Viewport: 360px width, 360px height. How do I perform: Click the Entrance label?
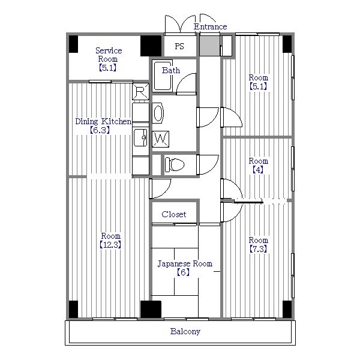coord(210,26)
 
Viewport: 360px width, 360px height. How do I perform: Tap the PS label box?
coord(179,46)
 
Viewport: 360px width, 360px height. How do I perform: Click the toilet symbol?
coord(175,164)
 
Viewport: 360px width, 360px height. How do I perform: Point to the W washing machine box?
coord(160,139)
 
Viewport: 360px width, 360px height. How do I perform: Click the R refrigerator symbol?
coord(140,91)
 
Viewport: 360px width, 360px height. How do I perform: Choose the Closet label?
coord(173,214)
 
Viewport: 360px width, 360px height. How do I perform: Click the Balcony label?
coord(185,331)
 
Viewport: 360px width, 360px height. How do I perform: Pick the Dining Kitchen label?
coord(103,122)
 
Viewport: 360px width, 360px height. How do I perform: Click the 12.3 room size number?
coord(110,245)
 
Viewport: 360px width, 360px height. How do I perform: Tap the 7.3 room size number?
coord(259,249)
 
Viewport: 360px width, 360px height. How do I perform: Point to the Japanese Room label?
coord(185,264)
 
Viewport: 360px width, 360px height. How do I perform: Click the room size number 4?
coord(259,170)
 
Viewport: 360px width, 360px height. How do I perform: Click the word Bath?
coord(171,70)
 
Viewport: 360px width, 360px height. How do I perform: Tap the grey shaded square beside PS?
coord(209,46)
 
